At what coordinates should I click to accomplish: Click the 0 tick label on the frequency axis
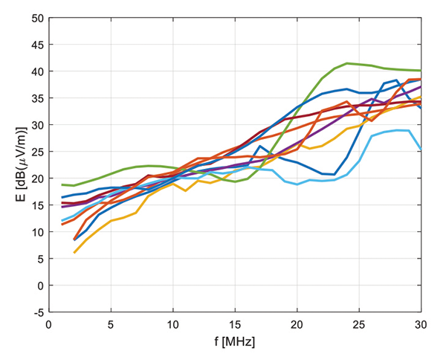tap(49, 325)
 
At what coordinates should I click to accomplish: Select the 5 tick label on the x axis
tap(111, 325)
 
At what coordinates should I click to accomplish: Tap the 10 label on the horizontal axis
tap(173, 325)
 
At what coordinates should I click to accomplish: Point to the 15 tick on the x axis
tap(235, 325)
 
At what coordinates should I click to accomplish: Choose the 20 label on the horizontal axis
tap(297, 325)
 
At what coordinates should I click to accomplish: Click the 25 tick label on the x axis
tap(359, 325)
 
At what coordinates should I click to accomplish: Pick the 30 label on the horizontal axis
tap(421, 325)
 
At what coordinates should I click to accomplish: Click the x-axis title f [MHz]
tap(235, 343)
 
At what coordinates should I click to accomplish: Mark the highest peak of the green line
tap(347, 63)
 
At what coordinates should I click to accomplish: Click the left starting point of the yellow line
tap(74, 253)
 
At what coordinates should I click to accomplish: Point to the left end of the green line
tap(62, 184)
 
